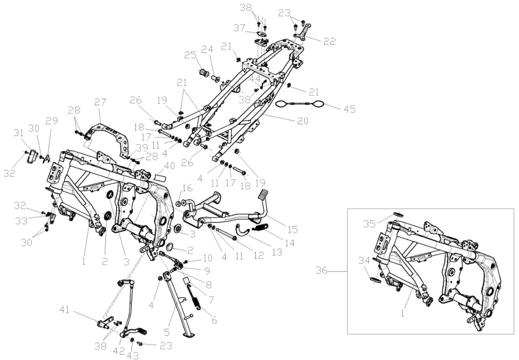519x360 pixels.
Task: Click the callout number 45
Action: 349,109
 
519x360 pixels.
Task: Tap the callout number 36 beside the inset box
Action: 322,270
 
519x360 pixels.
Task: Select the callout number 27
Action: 100,102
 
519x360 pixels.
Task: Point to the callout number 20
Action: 302,121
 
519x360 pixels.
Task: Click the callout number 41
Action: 64,310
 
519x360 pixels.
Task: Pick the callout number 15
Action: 292,229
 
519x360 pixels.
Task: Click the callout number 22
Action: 329,41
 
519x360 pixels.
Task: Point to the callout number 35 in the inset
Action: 370,224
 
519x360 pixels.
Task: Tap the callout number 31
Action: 19,133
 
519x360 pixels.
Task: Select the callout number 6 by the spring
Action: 214,320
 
